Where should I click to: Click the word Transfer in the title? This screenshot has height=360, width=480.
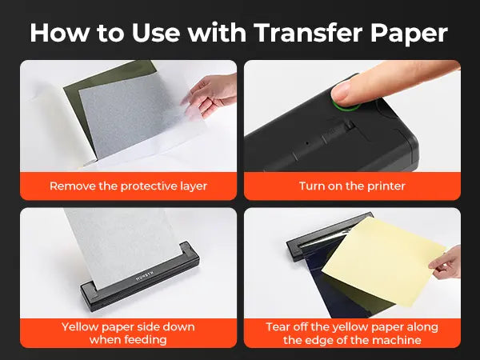pos(309,33)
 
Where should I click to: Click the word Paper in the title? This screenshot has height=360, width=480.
pos(409,34)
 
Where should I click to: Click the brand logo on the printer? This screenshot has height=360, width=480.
pos(145,275)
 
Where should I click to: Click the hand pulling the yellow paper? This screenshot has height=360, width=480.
pos(447,263)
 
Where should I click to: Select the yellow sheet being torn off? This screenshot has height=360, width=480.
pos(382,260)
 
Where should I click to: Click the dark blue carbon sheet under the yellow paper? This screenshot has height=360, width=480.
pos(343,294)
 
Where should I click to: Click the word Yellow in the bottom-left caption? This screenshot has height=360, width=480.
pos(80,327)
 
